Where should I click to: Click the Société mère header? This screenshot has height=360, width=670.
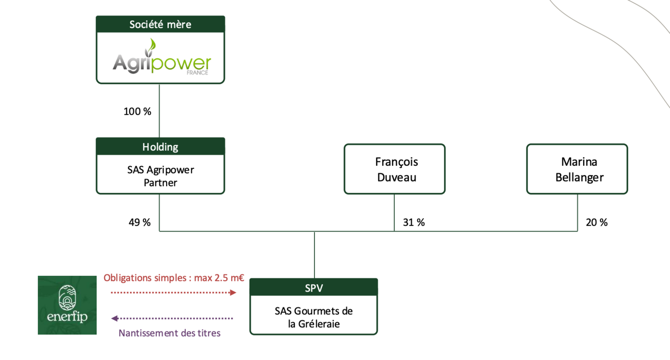point(160,24)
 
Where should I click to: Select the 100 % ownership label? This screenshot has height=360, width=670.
point(137,112)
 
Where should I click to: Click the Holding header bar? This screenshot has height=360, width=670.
point(160,147)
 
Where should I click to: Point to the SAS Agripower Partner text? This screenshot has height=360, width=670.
point(161,176)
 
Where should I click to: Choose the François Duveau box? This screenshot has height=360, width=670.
point(395,169)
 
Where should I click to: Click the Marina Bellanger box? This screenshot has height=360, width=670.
point(577,169)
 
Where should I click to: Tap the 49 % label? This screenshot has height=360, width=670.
point(139,223)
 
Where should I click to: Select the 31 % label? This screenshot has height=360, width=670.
point(414,223)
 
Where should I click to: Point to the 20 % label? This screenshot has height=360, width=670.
point(596,223)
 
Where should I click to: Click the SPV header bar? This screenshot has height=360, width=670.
point(314,287)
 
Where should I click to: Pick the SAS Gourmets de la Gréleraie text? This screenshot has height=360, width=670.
point(314,317)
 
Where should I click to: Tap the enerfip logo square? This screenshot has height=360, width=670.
point(67,305)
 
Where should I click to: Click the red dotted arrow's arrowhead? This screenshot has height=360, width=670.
point(233,293)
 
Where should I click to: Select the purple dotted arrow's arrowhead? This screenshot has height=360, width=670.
point(115,319)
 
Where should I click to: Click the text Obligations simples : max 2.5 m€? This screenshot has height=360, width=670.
point(174,278)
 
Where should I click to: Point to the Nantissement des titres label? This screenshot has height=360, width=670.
point(170,333)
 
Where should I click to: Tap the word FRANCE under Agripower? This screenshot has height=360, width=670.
point(198,73)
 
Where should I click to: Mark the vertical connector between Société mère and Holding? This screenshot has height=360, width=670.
point(159,111)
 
